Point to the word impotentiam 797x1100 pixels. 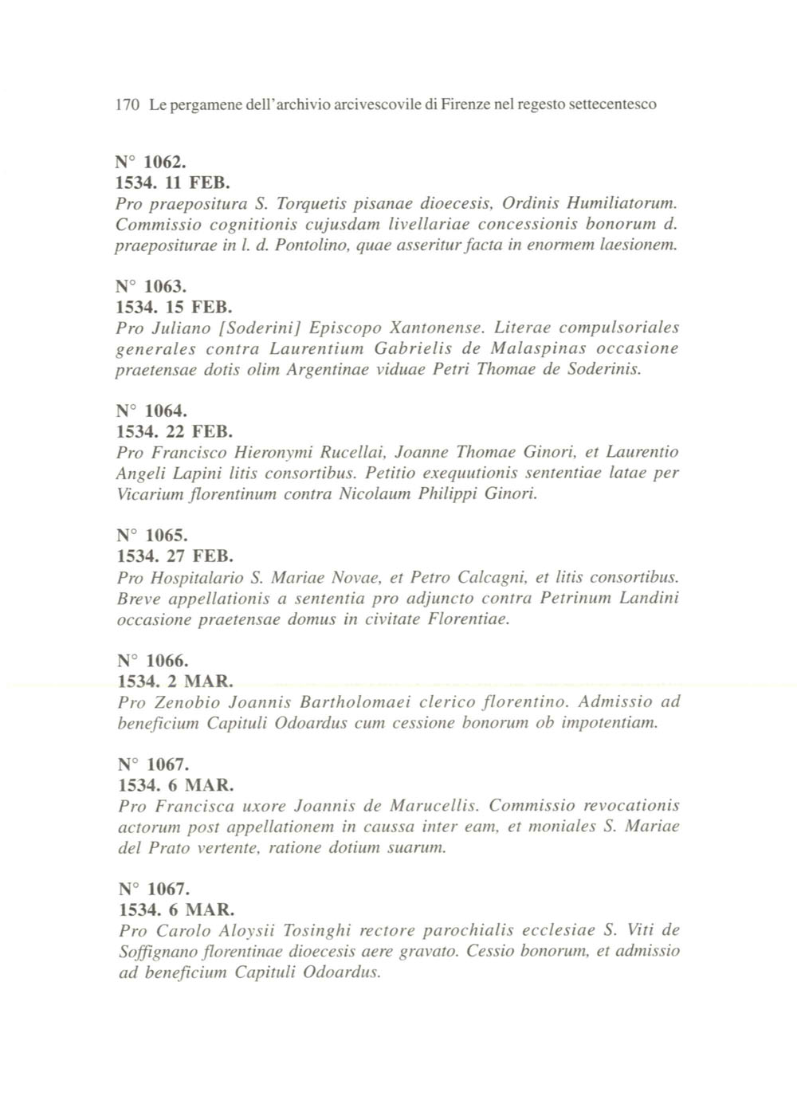tap(610, 723)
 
